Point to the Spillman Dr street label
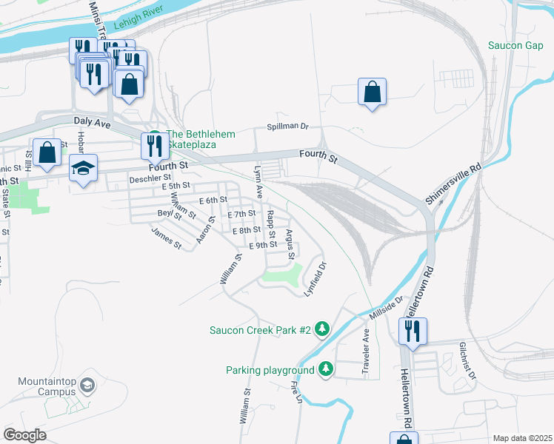pyautogui.click(x=287, y=127)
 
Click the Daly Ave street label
pyautogui.click(x=92, y=121)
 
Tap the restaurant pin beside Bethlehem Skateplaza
pyautogui.click(x=154, y=145)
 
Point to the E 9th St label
pyautogui.click(x=263, y=245)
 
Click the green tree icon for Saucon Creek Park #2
pyautogui.click(x=322, y=328)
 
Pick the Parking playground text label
pyautogui.click(x=270, y=369)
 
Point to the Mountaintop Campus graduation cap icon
pyautogui.click(x=87, y=385)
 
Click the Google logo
pyautogui.click(x=24, y=435)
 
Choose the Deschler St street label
pyautogui.click(x=150, y=178)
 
